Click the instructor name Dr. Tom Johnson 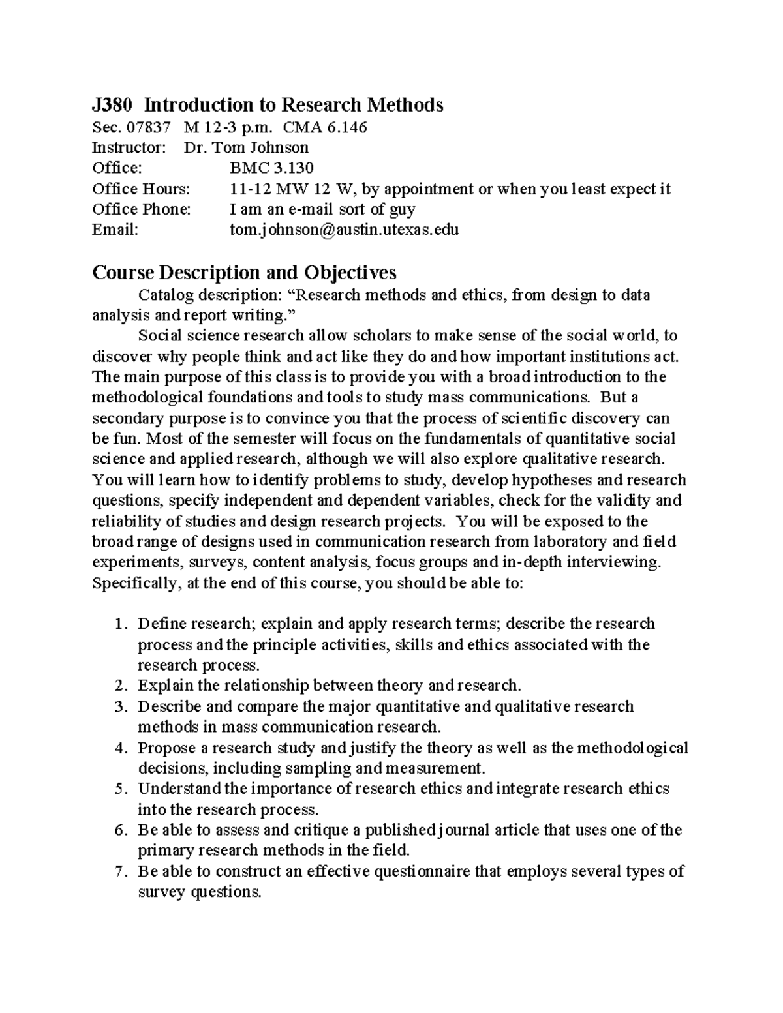(x=246, y=147)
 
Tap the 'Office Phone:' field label (x=142, y=209)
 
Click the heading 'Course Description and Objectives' (x=244, y=272)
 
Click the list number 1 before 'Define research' (x=119, y=624)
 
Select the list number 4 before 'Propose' (x=119, y=748)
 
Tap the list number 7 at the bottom (x=119, y=872)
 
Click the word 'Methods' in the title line (x=404, y=105)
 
